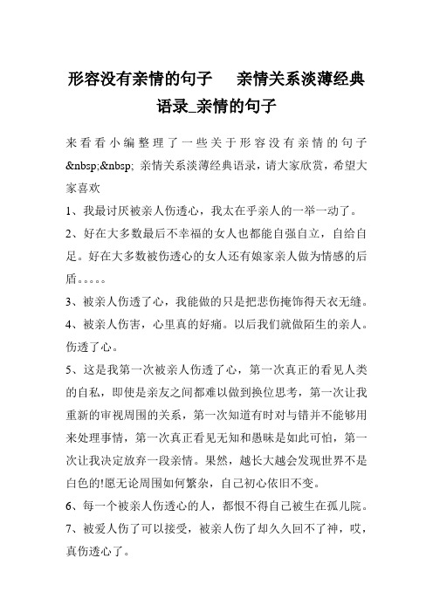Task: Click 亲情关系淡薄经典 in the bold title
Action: pyautogui.click(x=301, y=80)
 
